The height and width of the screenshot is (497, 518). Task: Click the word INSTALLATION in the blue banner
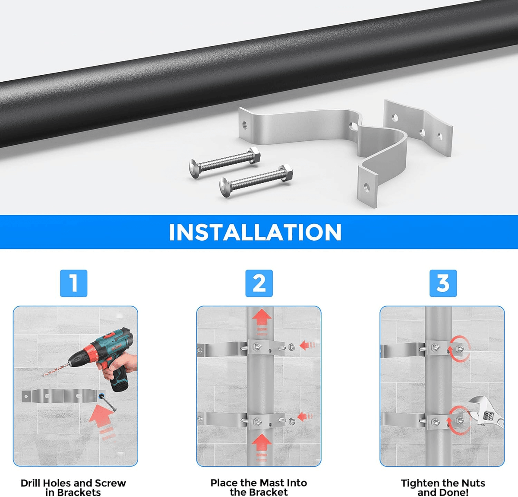tap(255, 233)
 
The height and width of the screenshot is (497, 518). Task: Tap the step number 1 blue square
tap(74, 283)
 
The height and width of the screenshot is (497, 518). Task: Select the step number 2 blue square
tap(259, 283)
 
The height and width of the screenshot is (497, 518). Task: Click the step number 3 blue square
tap(443, 283)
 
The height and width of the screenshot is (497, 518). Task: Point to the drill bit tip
tap(43, 376)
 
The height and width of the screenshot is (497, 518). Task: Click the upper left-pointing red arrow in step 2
tap(307, 345)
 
